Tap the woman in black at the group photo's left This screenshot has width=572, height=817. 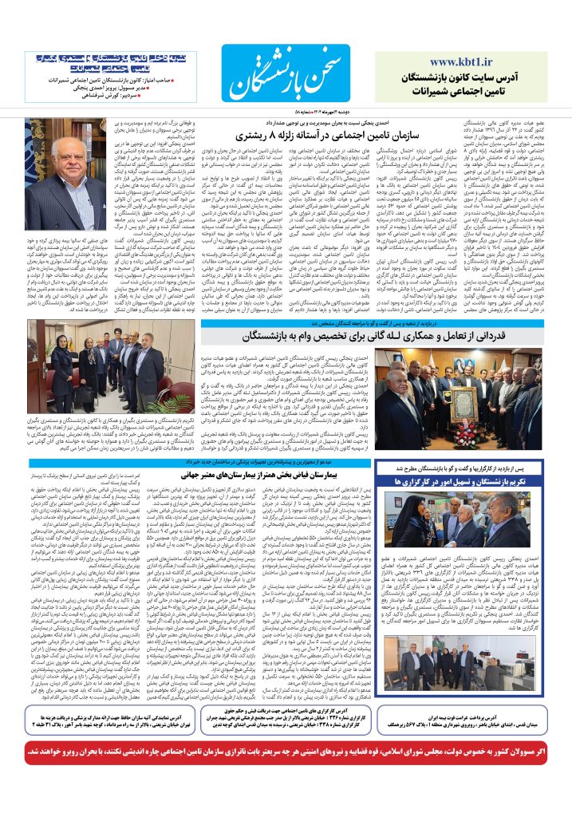tap(61, 375)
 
